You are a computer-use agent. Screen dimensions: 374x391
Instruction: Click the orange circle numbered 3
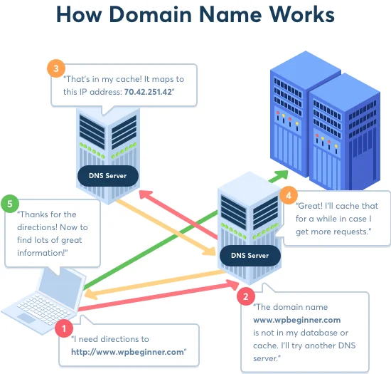tap(55, 69)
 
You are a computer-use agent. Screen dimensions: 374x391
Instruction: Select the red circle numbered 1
tap(64, 328)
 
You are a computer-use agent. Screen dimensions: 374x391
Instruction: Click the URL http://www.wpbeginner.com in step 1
tap(128, 352)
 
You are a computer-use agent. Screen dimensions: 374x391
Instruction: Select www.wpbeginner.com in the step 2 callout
tap(298, 320)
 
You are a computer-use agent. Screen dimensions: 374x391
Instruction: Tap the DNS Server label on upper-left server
tap(108, 175)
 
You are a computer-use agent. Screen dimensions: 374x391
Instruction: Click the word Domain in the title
tap(166, 15)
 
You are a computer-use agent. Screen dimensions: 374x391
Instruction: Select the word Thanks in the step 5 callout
tap(35, 214)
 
